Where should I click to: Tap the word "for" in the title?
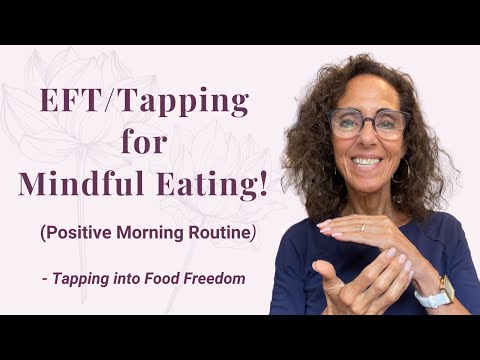[x=144, y=143]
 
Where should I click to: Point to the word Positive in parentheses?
[x=79, y=233]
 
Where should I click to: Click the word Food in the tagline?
[x=163, y=278]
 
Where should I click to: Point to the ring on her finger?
[x=363, y=227]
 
